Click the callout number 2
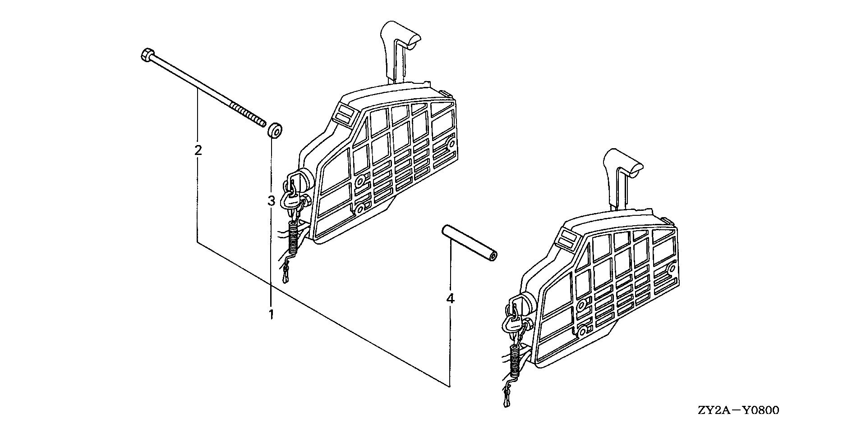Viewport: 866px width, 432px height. pyautogui.click(x=198, y=150)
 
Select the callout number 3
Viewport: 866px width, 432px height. pyautogui.click(x=271, y=201)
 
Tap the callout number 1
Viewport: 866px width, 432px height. pyautogui.click(x=271, y=314)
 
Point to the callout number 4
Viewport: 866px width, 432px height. pyautogui.click(x=450, y=299)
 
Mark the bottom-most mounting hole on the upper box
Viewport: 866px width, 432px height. pyautogui.click(x=360, y=210)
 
